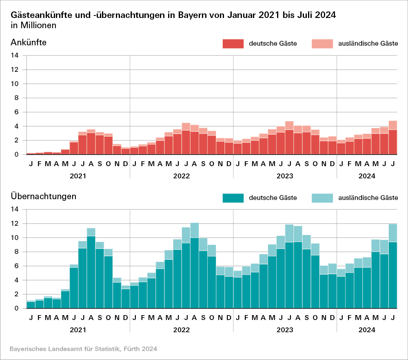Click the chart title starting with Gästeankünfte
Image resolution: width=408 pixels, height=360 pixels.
coord(173,15)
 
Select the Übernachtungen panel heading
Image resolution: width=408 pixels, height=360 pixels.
coord(43,196)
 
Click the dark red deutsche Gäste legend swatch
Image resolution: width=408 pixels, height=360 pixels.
coord(233,44)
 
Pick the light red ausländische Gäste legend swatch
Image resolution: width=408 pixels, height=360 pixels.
coord(322,44)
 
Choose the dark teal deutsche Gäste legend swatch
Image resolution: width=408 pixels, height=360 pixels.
coord(233,198)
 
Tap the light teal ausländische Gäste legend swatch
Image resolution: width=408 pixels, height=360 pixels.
coord(322,198)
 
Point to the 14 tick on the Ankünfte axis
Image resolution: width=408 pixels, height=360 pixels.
coord(15,56)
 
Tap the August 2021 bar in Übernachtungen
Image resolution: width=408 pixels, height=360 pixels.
coord(91,269)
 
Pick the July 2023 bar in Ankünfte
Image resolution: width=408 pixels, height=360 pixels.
coord(289,139)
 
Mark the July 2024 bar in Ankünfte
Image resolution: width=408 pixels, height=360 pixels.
coord(392,139)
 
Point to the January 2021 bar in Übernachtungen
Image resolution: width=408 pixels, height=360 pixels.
coord(31,304)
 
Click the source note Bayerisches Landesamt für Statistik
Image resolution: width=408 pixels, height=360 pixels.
coord(83,349)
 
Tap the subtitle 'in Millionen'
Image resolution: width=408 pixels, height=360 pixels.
coord(33,25)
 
